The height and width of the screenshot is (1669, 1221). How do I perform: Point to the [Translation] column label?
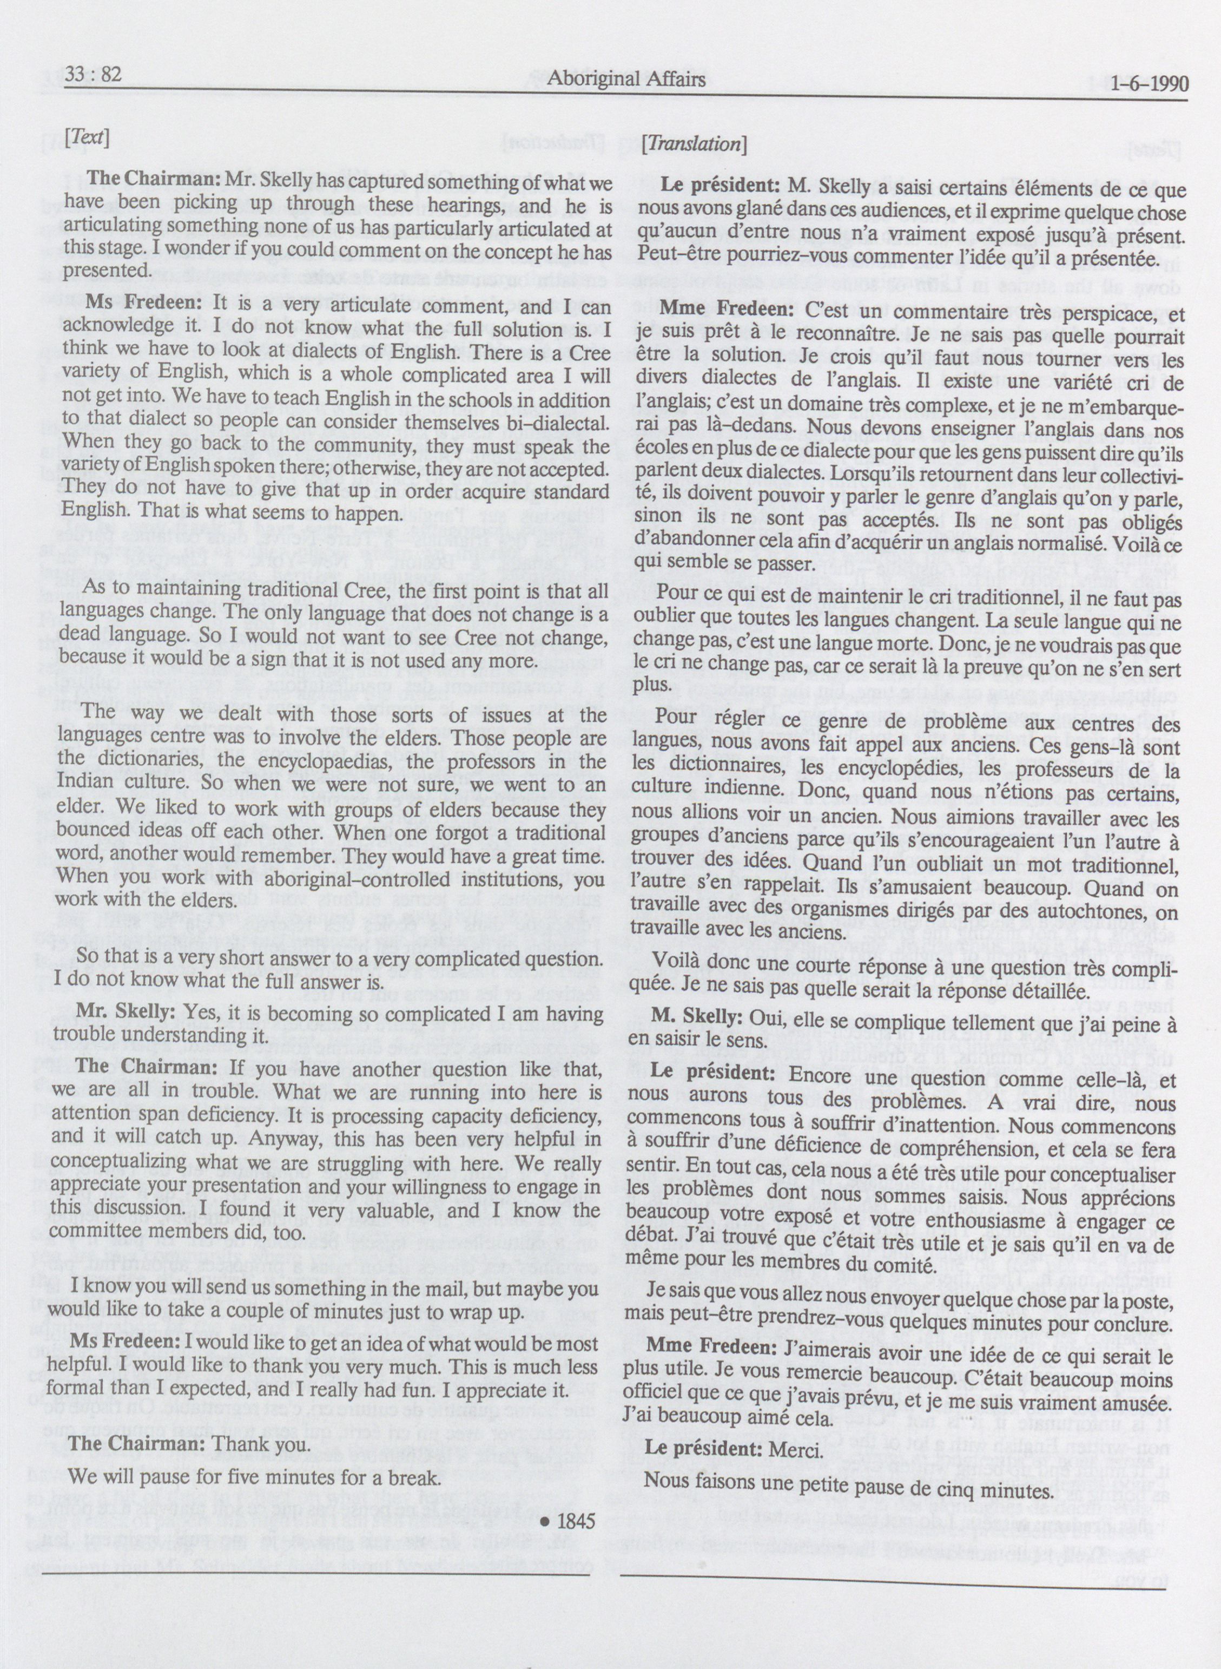coord(694,144)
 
